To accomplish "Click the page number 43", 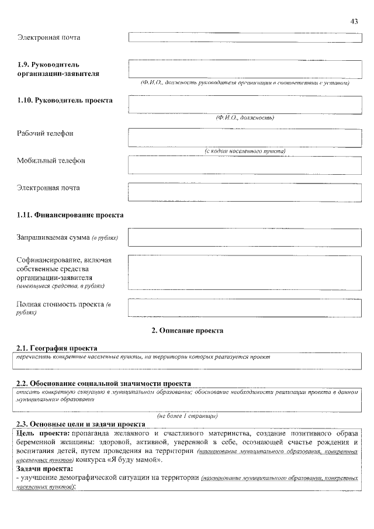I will (x=354, y=21).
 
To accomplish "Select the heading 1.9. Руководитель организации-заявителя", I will (x=58, y=69).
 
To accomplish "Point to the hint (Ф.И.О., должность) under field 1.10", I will (x=245, y=117).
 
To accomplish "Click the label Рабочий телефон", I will (x=45, y=133).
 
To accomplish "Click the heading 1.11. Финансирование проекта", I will (x=70, y=215).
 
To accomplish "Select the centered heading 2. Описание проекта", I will (x=187, y=330).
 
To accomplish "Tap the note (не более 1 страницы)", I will (x=187, y=416).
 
